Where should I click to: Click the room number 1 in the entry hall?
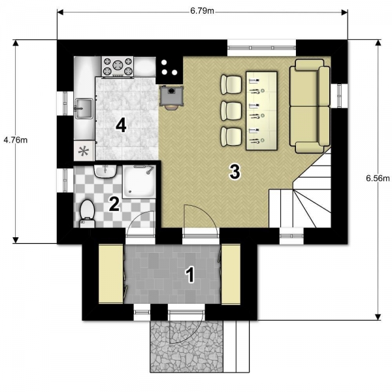point(190,275)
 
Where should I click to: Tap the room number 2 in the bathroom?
point(114,204)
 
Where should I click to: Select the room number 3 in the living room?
point(234,171)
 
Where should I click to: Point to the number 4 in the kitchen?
point(120,125)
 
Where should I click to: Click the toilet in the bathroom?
point(86,212)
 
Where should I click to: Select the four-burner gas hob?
point(118,67)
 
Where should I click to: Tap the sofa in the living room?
point(312,103)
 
